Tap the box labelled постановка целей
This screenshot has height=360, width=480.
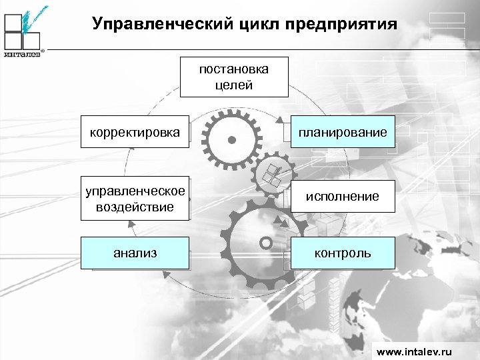234,77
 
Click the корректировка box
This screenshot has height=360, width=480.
135,132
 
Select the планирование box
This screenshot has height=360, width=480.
343,132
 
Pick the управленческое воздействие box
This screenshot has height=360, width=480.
135,199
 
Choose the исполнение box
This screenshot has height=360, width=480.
343,196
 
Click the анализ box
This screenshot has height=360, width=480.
135,253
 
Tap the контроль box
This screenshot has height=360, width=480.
343,253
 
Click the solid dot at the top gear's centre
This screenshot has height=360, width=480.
231,140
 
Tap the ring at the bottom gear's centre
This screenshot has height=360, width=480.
265,242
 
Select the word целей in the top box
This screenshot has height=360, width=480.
234,85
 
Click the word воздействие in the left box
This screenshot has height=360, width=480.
135,207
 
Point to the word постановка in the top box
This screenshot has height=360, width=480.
234,69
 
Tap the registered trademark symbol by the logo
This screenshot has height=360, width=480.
43,51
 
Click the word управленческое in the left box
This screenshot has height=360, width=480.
135,191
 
